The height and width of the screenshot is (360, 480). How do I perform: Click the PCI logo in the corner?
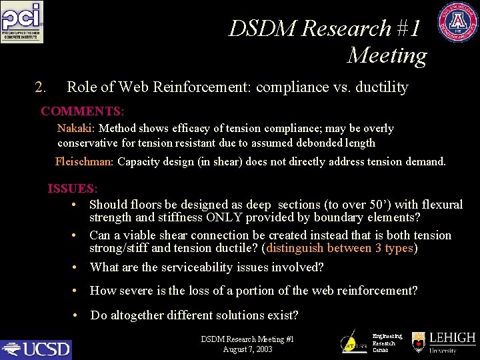22,23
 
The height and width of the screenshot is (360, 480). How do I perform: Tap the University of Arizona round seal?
457,23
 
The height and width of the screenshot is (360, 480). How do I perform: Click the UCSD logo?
36,349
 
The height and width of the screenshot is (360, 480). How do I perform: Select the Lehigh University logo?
444,342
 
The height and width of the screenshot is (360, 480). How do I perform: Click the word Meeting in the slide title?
387,55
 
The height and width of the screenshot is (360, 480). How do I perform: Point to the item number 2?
40,87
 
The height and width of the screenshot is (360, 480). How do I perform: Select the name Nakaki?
75,128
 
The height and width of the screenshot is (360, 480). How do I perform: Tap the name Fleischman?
84,161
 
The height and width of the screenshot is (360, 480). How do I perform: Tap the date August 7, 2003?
247,349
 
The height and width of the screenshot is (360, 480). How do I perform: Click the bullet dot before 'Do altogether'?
76,315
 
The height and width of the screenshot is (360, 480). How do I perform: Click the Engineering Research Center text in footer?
384,343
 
